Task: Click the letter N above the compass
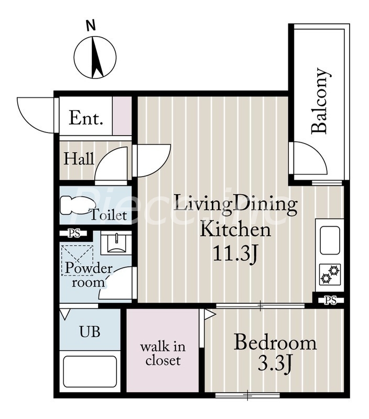click(x=91, y=26)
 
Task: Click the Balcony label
click(x=320, y=101)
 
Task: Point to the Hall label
click(x=79, y=159)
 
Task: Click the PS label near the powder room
click(x=74, y=233)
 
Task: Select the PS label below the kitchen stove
click(x=331, y=301)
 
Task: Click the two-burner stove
click(x=330, y=274)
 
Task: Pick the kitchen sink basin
click(x=330, y=241)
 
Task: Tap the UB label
click(x=90, y=332)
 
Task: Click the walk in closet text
click(x=163, y=354)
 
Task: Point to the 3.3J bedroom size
click(x=275, y=363)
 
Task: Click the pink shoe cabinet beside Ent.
click(x=122, y=116)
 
